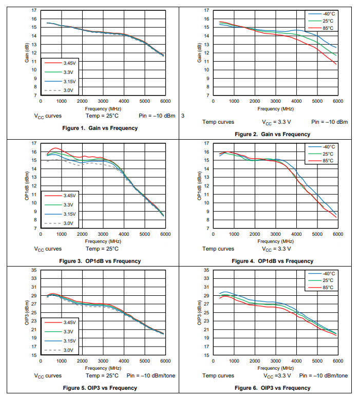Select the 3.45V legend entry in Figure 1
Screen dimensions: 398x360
69,63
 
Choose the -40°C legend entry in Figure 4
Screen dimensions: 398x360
328,146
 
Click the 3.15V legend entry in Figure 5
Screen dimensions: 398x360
69,340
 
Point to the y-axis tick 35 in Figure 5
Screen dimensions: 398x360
34,270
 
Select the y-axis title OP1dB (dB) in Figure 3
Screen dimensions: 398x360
27,186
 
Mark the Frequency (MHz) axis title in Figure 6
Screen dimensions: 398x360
276,368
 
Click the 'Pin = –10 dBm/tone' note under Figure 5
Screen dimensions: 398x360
151,375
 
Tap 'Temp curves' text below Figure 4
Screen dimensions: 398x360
218,249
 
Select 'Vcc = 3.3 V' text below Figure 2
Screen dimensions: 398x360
277,122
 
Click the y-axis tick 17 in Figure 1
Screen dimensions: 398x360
34,10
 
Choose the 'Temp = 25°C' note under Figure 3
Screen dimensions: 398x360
100,249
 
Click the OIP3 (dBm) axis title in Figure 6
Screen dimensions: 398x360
200,312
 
